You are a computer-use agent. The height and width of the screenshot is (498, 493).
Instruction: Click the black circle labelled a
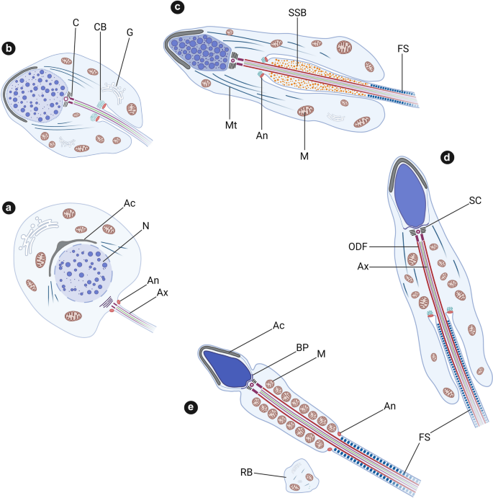point(9,208)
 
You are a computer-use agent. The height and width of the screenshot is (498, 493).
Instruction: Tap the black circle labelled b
point(9,49)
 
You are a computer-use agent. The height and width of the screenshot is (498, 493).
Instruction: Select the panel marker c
point(177,8)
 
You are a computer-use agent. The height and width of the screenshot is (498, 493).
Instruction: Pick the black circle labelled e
point(191,407)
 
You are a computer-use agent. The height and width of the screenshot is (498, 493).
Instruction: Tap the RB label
point(248,473)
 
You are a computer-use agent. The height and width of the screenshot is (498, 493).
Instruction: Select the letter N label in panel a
point(145,224)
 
